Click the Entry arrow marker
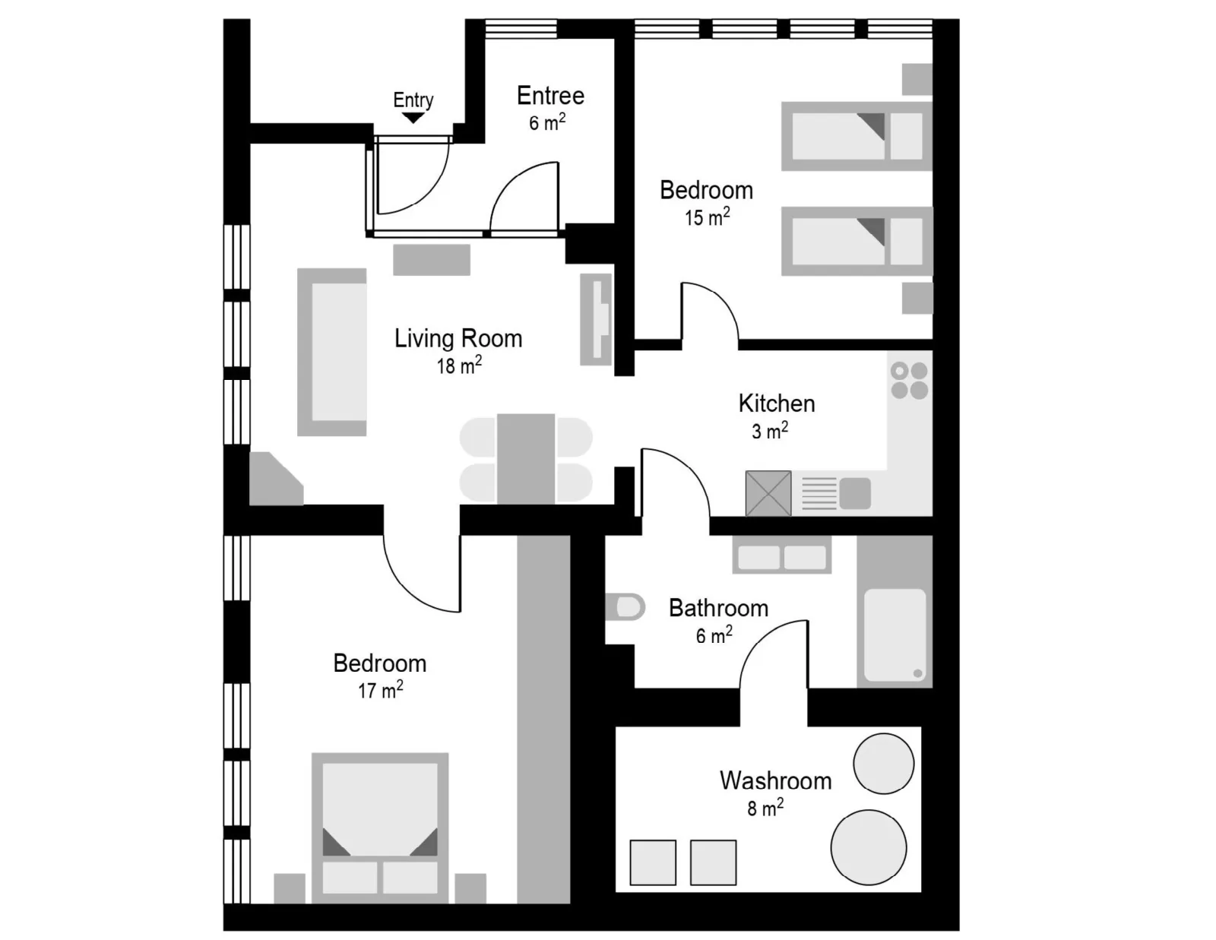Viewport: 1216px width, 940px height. (x=413, y=118)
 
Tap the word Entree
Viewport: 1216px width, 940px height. (x=551, y=96)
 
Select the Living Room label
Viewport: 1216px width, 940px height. (x=458, y=338)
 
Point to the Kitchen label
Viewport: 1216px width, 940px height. (x=777, y=404)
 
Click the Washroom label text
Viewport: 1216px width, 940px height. (x=776, y=780)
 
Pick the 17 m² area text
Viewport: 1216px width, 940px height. (x=381, y=690)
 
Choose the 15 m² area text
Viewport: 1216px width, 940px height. (x=708, y=217)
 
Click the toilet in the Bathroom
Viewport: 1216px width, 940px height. (x=625, y=607)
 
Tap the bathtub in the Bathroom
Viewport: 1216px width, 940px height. (x=895, y=635)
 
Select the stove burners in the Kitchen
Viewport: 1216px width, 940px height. (x=910, y=381)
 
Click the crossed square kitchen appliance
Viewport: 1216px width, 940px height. (x=768, y=493)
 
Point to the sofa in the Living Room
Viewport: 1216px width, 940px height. (x=332, y=352)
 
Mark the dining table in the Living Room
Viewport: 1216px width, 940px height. (x=526, y=459)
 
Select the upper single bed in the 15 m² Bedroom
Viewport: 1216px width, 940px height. (x=857, y=136)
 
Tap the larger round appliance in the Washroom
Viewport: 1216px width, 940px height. (x=869, y=847)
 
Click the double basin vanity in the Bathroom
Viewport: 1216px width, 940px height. (x=782, y=555)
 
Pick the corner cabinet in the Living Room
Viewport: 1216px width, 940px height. (x=277, y=479)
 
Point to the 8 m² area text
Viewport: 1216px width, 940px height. (x=765, y=808)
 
